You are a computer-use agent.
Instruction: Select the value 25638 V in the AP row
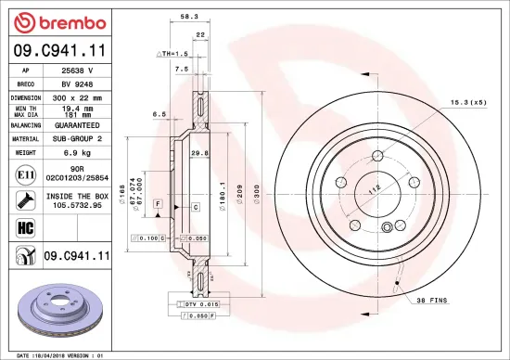(x=76, y=71)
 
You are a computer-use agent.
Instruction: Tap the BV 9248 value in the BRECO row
(x=76, y=83)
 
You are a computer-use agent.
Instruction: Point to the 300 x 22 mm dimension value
(x=76, y=96)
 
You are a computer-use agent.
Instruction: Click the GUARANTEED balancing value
(x=76, y=124)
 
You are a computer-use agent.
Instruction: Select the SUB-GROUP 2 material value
(x=76, y=137)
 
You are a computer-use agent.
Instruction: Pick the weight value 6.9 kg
(x=76, y=151)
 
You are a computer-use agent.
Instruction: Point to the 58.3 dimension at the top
(x=189, y=17)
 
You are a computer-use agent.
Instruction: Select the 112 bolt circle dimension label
(x=374, y=191)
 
